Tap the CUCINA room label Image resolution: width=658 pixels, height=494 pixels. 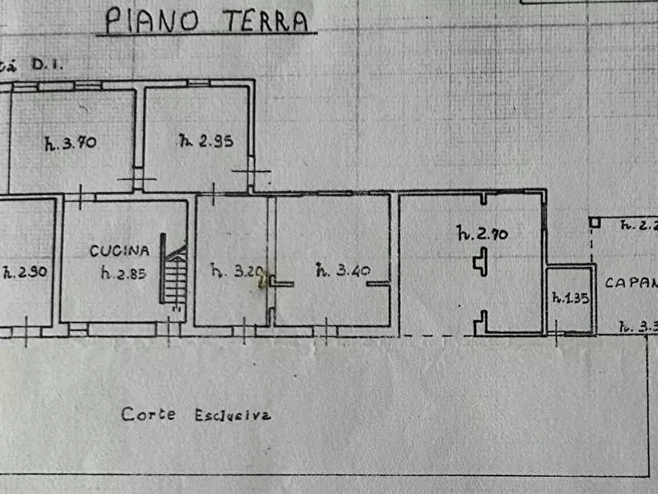click(119, 251)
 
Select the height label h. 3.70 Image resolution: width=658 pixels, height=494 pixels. click(70, 143)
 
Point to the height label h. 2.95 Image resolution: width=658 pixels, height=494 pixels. click(206, 141)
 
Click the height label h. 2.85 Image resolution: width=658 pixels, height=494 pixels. click(124, 274)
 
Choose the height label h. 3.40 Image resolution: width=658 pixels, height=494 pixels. click(343, 270)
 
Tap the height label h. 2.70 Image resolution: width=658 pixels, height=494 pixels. click(483, 234)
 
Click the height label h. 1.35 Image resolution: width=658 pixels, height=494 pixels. click(570, 299)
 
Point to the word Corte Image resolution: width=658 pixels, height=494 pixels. click(149, 414)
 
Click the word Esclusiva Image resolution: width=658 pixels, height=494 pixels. click(232, 415)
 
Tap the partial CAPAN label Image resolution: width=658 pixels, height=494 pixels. click(631, 282)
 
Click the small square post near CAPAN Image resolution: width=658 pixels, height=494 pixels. click(595, 222)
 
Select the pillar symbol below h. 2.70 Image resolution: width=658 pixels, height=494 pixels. click(480, 262)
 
